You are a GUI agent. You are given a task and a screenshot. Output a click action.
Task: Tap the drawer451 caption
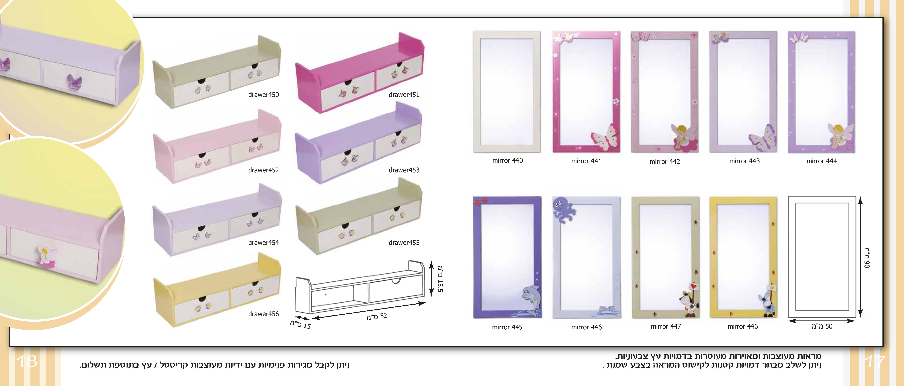[x=404, y=95]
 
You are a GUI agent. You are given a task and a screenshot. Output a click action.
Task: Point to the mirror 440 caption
[x=507, y=160]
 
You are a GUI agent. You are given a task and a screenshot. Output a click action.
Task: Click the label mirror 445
[x=507, y=327]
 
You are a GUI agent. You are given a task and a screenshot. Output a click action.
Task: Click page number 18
[x=27, y=361]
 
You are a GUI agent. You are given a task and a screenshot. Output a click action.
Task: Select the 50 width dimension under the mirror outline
[x=822, y=326]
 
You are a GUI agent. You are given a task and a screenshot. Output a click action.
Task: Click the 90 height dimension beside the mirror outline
[x=867, y=258]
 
